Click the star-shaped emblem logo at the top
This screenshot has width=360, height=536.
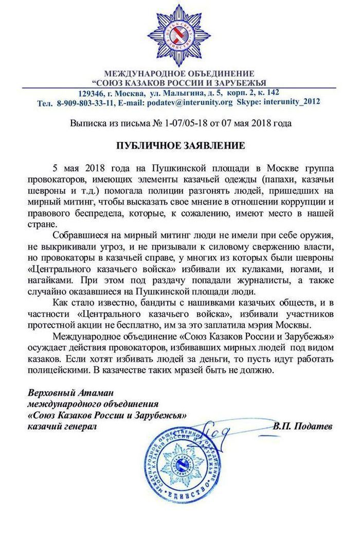[180, 34]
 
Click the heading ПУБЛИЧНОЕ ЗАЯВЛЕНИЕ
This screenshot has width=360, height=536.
[180, 145]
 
